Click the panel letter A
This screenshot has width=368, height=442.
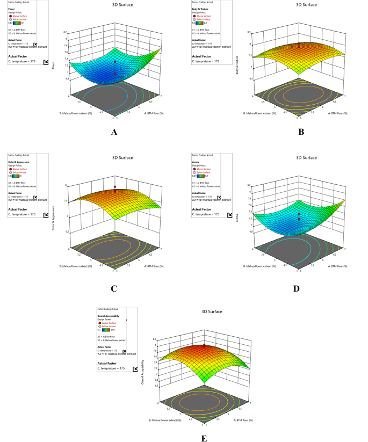pos(113,131)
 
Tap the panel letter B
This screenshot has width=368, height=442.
pos(301,131)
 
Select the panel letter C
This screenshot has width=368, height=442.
pos(113,288)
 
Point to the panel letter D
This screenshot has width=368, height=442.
pos(301,288)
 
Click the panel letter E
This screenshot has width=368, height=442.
pos(204,438)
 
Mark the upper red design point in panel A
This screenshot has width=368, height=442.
pos(115,62)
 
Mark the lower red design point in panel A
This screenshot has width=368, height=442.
pos(115,74)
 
